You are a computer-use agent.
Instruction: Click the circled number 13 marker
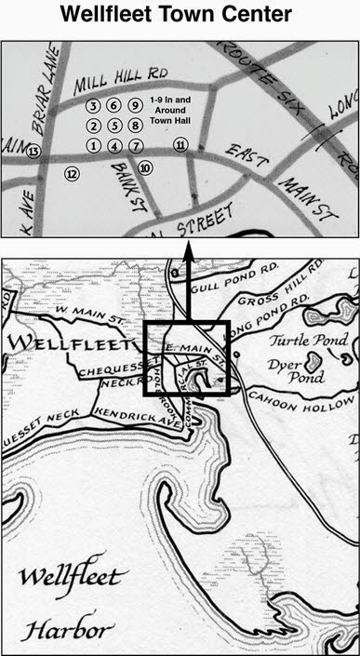tap(33, 151)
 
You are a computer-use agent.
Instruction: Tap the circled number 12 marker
tap(72, 172)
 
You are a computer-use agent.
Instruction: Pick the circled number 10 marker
tap(144, 167)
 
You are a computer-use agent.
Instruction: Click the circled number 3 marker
tap(93, 106)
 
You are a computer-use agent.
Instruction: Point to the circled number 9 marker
tap(135, 106)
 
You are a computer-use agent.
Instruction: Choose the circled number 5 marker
tap(114, 126)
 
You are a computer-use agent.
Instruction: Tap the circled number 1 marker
tap(93, 145)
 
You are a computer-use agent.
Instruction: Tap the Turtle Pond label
tap(298, 341)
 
